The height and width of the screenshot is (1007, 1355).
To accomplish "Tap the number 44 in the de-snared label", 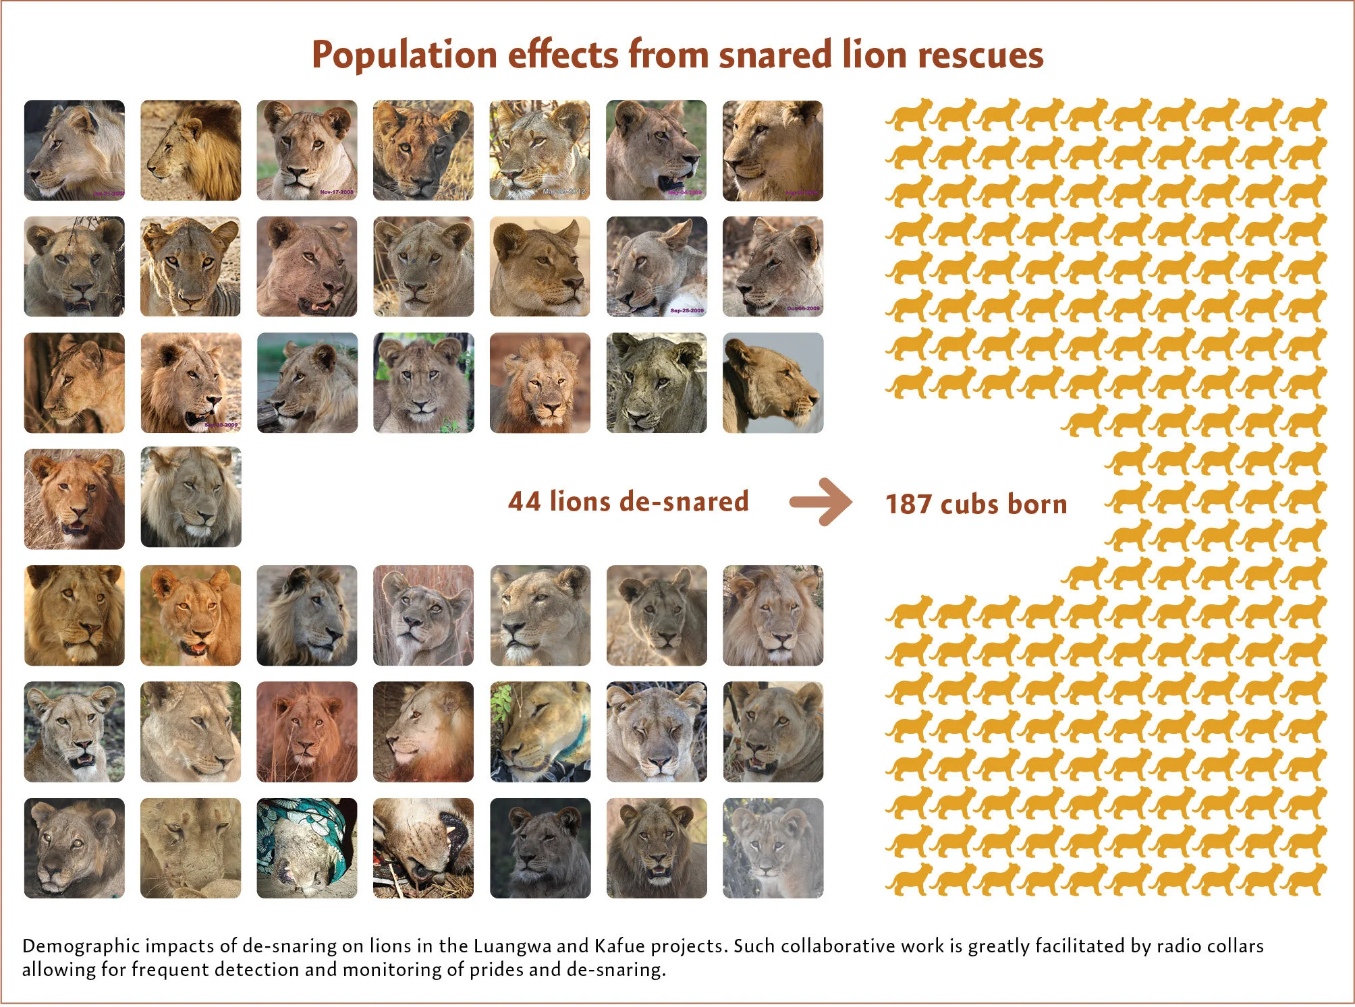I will coord(524,502).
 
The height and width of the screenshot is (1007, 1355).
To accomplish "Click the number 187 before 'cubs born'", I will coord(908,505).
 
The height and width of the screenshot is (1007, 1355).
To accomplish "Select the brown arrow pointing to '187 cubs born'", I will coord(821,502).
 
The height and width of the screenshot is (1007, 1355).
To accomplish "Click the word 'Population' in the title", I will coord(404,56).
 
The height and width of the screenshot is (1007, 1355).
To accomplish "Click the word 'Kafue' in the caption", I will coord(619,946).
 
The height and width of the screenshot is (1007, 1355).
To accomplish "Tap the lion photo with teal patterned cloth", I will coord(307,848).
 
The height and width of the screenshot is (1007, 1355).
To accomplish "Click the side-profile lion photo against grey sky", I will coord(773,382).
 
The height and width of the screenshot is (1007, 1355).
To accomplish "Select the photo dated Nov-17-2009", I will coord(307,150).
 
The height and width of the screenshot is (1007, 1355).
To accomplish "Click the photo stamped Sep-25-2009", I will coord(657,266).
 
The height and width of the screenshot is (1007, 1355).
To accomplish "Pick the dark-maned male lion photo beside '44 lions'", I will coord(191,498).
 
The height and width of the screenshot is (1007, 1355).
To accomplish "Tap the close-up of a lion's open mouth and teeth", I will coord(424,848).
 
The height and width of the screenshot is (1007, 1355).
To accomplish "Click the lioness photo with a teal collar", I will coord(540,732).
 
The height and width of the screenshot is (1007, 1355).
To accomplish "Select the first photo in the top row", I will coord(74,150).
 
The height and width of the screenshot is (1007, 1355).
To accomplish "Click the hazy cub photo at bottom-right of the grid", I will coord(773,848).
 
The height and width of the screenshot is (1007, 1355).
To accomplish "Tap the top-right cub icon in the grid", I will coord(1306,115).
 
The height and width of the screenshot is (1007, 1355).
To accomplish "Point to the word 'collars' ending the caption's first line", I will coord(1236,946).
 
